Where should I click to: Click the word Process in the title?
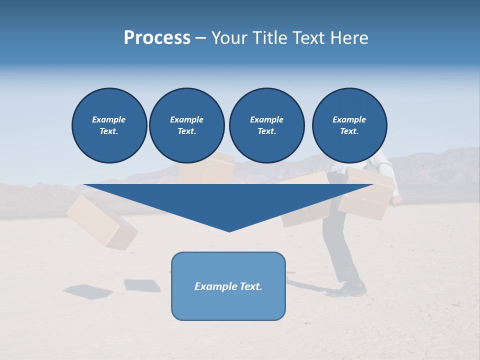pyautogui.click(x=157, y=38)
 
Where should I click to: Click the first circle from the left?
pyautogui.click(x=109, y=125)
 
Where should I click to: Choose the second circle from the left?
pyautogui.click(x=186, y=125)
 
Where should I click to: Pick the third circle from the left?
pyautogui.click(x=266, y=125)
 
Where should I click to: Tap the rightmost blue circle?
pyautogui.click(x=349, y=125)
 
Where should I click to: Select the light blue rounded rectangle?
pyautogui.click(x=228, y=305)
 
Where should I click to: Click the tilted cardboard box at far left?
pyautogui.click(x=101, y=221)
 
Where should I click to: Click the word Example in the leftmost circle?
pyautogui.click(x=109, y=119)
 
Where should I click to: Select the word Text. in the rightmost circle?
pyautogui.click(x=349, y=131)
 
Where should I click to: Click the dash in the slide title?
pyautogui.click(x=200, y=38)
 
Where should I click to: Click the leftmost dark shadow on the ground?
pyautogui.click(x=88, y=291)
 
